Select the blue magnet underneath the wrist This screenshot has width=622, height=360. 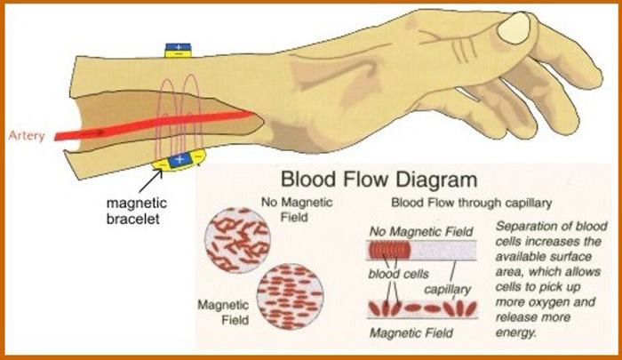pyautogui.click(x=180, y=160)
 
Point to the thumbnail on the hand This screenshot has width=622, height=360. pyautogui.click(x=514, y=31)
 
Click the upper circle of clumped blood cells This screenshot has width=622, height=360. pyautogui.click(x=237, y=236)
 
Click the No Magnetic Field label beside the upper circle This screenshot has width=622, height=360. pyautogui.click(x=296, y=210)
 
